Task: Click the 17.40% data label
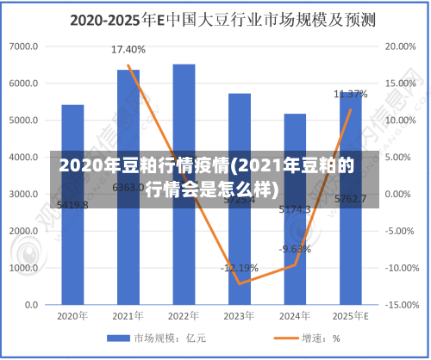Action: coord(128,50)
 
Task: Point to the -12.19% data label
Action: coord(239,267)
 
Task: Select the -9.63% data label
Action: coord(295,249)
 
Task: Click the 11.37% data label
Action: coord(351,93)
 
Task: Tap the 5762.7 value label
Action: coord(351,199)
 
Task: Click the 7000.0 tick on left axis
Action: coord(23,47)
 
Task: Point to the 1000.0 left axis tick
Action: coord(23,268)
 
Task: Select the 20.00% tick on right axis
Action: coord(398,47)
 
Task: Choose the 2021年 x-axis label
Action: coord(128,316)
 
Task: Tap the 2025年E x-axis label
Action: coord(351,316)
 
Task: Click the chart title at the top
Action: coord(215,18)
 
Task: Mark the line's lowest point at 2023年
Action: coord(239,283)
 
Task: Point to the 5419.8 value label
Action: coord(72,205)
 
